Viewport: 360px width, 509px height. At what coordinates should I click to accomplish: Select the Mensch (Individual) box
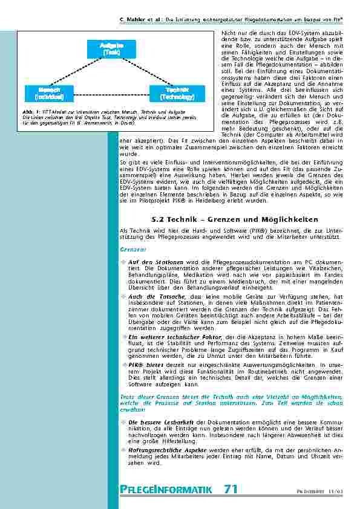pyautogui.click(x=45, y=93)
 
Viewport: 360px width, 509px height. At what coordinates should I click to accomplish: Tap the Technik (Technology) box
pyautogui.click(x=177, y=93)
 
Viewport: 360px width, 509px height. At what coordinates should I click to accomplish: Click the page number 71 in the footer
pyautogui.click(x=231, y=489)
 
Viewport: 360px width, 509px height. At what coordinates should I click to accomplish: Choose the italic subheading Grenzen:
pyautogui.click(x=132, y=248)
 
